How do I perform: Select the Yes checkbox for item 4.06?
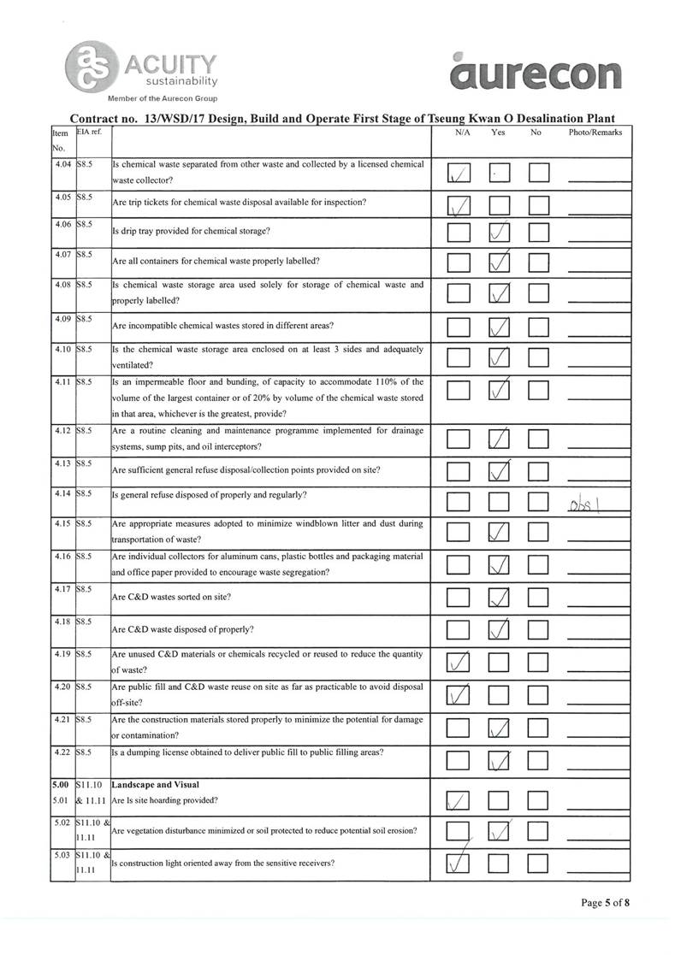[x=500, y=232]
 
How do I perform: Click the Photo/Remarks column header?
[x=595, y=133]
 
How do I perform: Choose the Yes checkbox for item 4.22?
[x=500, y=760]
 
